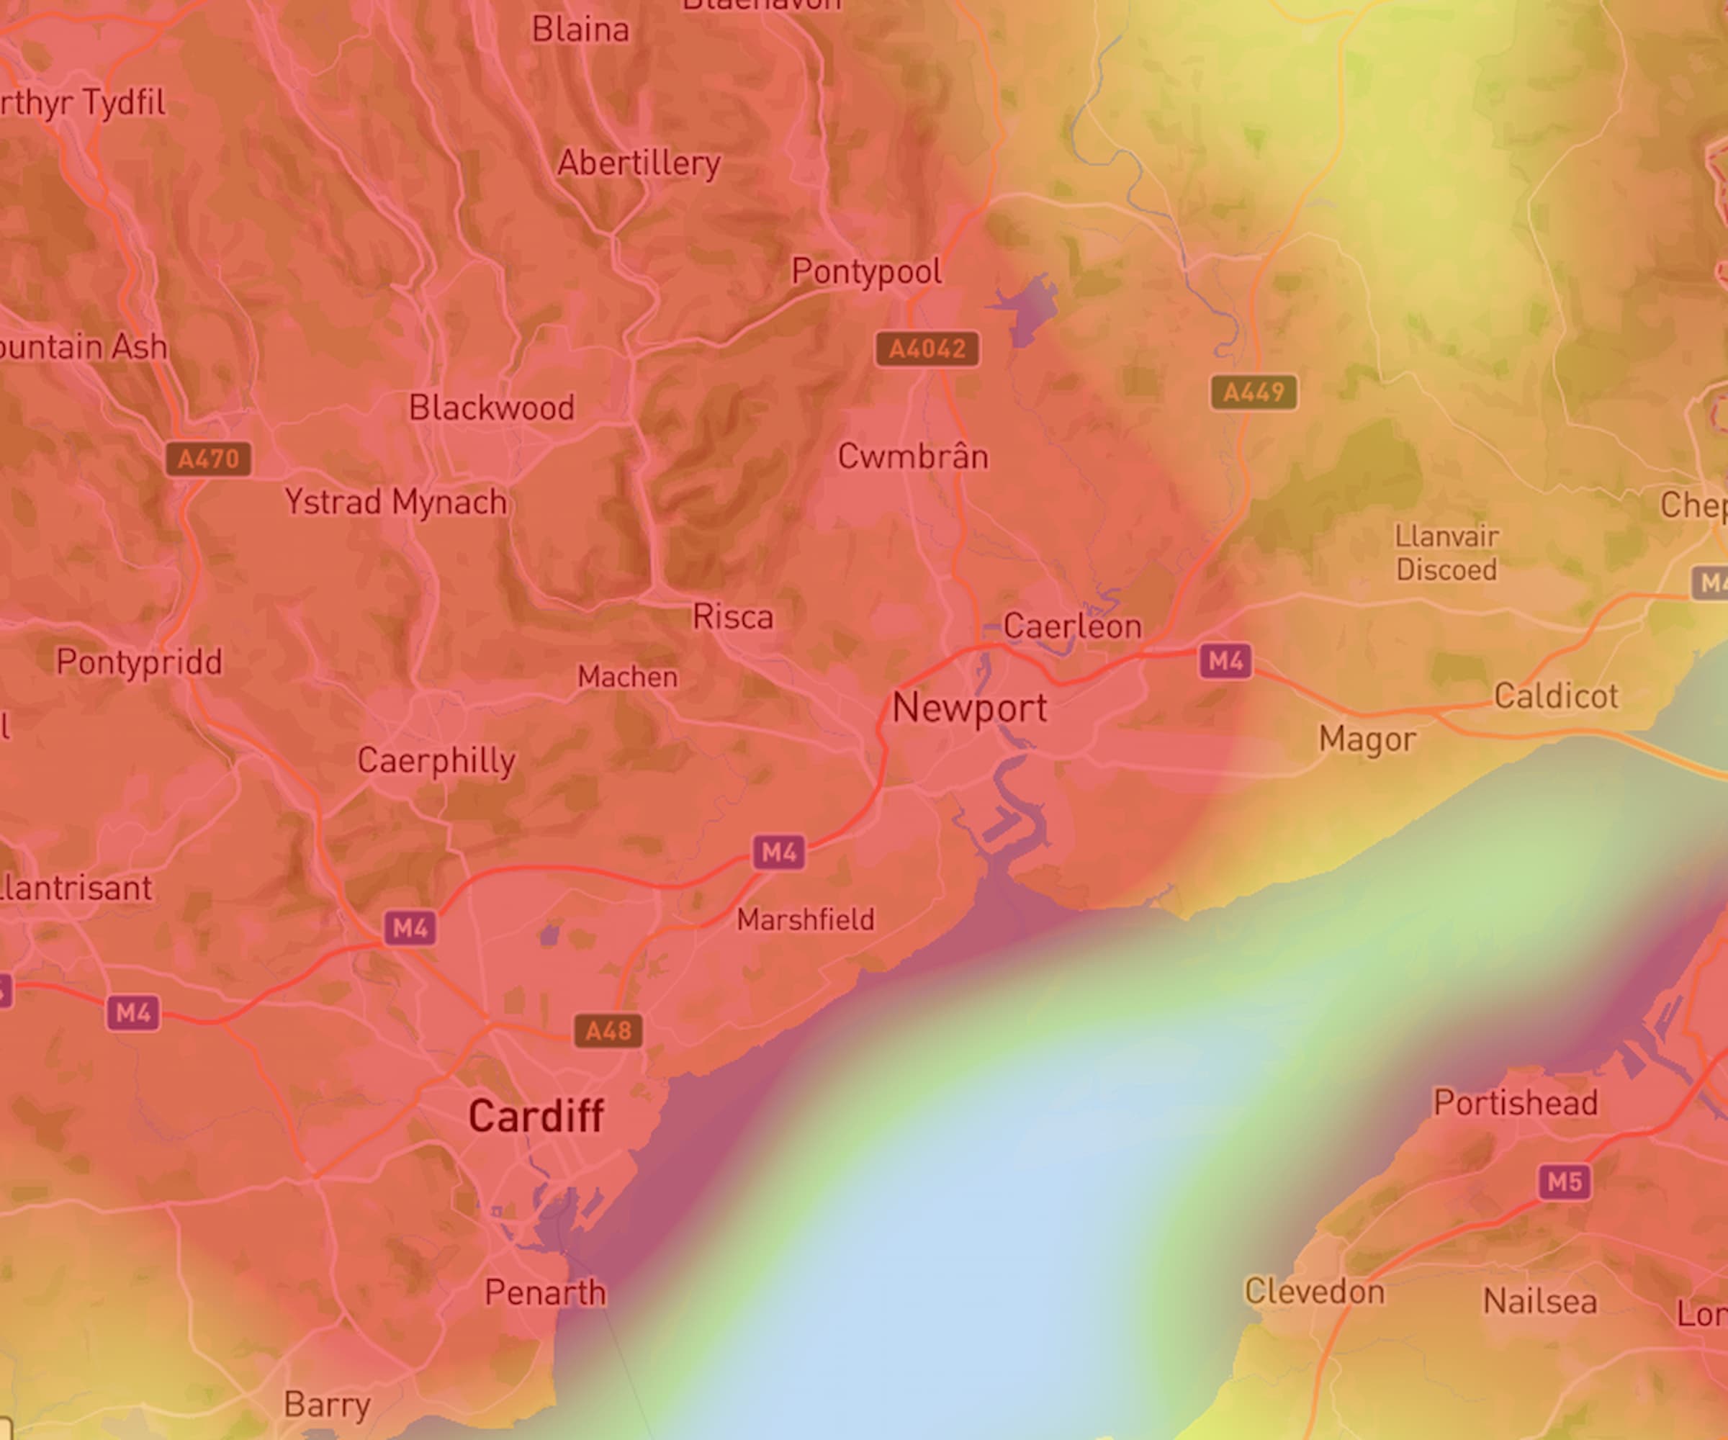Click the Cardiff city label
[536, 1117]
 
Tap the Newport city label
[969, 708]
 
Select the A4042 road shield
[927, 349]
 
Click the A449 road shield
[1254, 392]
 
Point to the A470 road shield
[208, 459]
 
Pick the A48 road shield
[608, 1031]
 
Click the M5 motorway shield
[1565, 1182]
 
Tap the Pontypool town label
[866, 271]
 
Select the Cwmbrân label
[912, 456]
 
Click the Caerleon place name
[1072, 627]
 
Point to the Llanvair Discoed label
[1446, 553]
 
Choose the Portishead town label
[1516, 1102]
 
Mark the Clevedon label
[1314, 1291]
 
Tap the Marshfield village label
[806, 920]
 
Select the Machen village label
[628, 678]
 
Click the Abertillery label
[639, 163]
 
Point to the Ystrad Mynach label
[396, 502]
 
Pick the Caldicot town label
[1556, 696]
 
